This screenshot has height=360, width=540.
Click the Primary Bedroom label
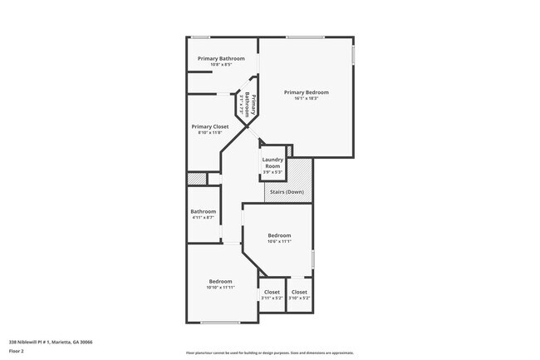pyautogui.click(x=307, y=91)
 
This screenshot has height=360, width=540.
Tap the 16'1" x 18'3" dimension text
pyautogui.click(x=307, y=98)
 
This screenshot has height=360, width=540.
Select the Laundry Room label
pyautogui.click(x=273, y=163)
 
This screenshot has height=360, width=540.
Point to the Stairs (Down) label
pyautogui.click(x=288, y=192)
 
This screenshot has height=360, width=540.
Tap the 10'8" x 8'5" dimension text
pyautogui.click(x=221, y=65)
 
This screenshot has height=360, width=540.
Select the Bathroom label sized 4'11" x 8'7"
pyautogui.click(x=204, y=211)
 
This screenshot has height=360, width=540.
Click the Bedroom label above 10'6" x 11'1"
pyautogui.click(x=279, y=235)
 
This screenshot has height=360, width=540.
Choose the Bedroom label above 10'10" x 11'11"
pyautogui.click(x=220, y=281)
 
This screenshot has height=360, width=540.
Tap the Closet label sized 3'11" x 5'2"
pyautogui.click(x=272, y=292)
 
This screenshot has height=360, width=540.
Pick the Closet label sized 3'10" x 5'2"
pyautogui.click(x=299, y=292)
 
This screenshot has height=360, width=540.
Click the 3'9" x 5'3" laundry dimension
pyautogui.click(x=273, y=173)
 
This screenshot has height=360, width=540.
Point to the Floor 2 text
pyautogui.click(x=17, y=351)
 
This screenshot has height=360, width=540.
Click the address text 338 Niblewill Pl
pyautogui.click(x=51, y=341)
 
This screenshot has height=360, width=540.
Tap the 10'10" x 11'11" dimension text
pyautogui.click(x=220, y=288)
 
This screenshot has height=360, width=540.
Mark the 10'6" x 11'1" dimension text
pyautogui.click(x=279, y=242)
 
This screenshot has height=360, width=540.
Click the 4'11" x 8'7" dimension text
pyautogui.click(x=204, y=218)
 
